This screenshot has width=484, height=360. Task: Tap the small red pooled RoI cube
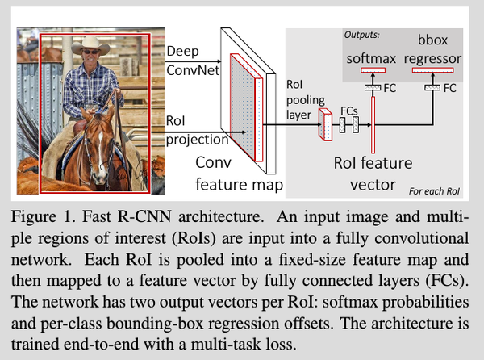pyautogui.click(x=327, y=125)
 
